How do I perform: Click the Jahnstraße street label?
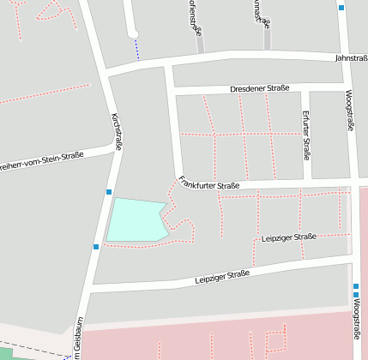coord(350,57)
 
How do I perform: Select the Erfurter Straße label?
coord(305,135)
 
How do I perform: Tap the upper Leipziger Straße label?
coord(288,237)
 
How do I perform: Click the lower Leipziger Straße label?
coord(221,276)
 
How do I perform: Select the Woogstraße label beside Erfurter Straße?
coord(350,111)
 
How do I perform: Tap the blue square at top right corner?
coord(341,8)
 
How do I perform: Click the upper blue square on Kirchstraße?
coord(109,191)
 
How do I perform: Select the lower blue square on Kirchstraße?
coord(96,247)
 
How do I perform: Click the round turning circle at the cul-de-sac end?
coord(133,34)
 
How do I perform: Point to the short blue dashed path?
coord(136,49)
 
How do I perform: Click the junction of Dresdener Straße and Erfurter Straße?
coord(305,88)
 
